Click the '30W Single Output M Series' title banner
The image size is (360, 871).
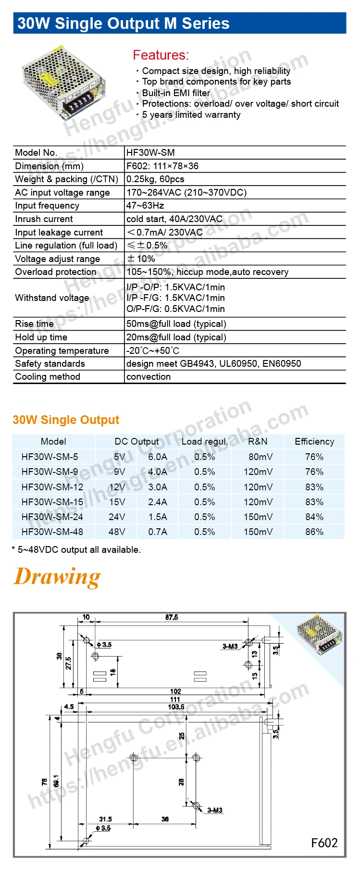click(124, 24)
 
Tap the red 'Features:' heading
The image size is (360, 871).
click(161, 55)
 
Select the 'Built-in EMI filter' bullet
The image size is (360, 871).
click(176, 93)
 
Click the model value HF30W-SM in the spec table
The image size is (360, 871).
click(150, 153)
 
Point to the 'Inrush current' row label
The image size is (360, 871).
click(44, 219)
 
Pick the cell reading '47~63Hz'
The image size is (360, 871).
click(145, 206)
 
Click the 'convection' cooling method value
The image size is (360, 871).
click(149, 377)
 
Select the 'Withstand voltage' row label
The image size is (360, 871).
click(52, 298)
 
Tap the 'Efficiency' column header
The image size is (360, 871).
click(314, 441)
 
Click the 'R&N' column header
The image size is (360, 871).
click(258, 441)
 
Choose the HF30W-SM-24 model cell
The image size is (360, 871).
click(52, 517)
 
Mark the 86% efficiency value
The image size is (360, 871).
click(314, 532)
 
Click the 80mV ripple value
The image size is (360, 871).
click(260, 457)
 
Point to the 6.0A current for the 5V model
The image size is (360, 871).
click(158, 457)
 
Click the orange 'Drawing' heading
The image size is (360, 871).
click(58, 576)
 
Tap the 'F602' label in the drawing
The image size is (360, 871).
click(324, 843)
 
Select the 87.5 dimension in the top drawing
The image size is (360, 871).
click(172, 617)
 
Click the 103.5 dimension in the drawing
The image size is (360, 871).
click(176, 707)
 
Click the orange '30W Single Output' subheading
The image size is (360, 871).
click(66, 420)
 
